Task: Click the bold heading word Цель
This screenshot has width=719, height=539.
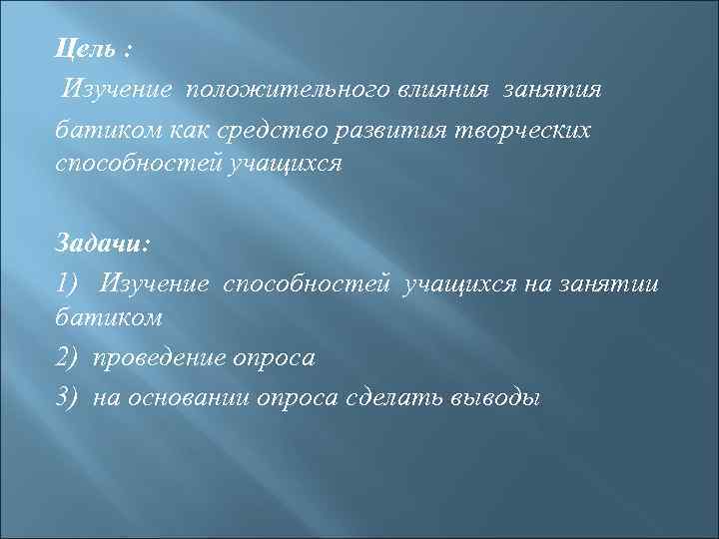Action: tap(80, 50)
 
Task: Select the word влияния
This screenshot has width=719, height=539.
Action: tap(447, 90)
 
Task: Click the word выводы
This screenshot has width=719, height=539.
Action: tap(493, 397)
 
